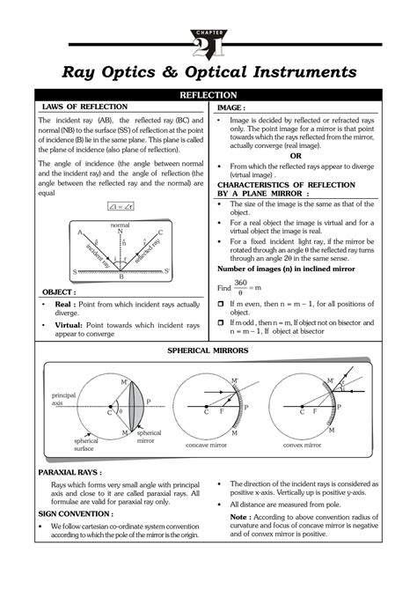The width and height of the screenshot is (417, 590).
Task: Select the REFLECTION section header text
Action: pos(208,94)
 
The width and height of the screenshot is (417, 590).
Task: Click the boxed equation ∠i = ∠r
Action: pos(117,206)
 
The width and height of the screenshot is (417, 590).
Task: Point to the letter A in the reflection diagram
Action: pos(80,232)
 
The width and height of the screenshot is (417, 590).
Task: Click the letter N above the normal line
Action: pos(120,231)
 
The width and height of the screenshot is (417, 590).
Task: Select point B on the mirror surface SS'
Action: pos(121,277)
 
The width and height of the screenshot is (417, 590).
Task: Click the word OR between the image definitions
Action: pos(307,157)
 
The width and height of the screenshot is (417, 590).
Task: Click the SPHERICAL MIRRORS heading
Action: pos(208,350)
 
